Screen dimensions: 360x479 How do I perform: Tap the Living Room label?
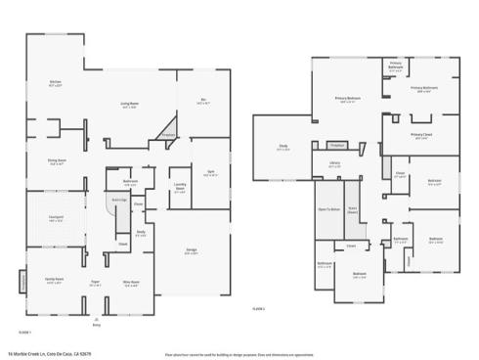[129, 106]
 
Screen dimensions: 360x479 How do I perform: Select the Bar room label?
[203, 101]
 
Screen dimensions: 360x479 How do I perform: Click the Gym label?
[210, 173]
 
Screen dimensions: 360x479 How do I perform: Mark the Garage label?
[192, 251]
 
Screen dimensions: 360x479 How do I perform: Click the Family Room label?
[54, 280]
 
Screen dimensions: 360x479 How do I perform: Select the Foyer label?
[96, 284]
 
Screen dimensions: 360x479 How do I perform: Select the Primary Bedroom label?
[347, 99]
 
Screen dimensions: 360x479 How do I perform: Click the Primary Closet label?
[422, 135]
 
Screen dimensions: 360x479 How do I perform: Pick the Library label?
[334, 164]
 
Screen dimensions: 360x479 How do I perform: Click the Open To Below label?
[328, 209]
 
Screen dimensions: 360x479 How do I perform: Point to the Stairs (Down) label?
[353, 209]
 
